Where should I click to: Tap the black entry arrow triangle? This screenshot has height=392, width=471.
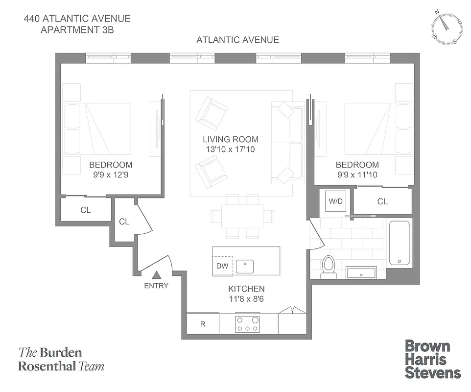(156, 276)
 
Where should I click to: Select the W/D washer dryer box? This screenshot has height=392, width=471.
(335, 201)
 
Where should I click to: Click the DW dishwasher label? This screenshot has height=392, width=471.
(222, 266)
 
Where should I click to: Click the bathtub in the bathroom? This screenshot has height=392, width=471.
(399, 243)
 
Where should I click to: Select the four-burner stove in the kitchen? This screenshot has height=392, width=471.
(248, 324)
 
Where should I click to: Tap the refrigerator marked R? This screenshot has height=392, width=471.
(203, 324)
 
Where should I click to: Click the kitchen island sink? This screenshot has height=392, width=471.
(244, 267)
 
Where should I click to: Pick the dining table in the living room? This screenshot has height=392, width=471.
(242, 216)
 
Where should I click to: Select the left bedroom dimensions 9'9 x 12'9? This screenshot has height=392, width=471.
(110, 174)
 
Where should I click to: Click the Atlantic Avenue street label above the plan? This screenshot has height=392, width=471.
(237, 40)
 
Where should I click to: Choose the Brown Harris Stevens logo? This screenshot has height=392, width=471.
(433, 359)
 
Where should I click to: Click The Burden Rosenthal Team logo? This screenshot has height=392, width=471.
(61, 359)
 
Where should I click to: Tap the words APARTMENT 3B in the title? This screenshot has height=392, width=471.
(78, 29)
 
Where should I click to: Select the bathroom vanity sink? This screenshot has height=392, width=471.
(361, 272)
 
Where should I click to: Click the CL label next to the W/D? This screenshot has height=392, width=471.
(382, 201)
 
